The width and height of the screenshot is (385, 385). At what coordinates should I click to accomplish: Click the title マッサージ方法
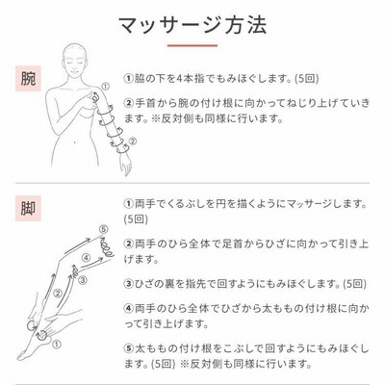pos(192,26)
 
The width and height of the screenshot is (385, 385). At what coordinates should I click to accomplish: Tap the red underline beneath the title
pos(192,45)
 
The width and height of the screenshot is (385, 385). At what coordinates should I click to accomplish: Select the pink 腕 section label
pos(28,79)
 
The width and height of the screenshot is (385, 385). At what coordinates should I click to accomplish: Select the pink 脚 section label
pos(28,208)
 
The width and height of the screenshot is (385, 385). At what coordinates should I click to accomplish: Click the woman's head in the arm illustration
pos(75,61)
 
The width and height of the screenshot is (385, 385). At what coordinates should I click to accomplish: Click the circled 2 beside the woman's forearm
pos(133,141)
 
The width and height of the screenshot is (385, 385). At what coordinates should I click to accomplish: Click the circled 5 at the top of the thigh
pos(103,229)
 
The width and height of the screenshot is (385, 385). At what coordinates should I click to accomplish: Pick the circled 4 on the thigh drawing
pos(86,258)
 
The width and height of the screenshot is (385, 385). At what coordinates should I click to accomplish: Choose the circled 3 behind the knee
pos(83,280)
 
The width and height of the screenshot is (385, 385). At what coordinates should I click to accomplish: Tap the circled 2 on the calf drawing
pos(58,293)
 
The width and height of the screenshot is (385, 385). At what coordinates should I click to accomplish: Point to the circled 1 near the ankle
pos(56,345)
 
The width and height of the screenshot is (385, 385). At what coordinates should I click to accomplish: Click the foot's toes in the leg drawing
pos(23,355)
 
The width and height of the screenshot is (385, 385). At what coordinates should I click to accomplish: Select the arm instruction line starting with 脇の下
pos(221,79)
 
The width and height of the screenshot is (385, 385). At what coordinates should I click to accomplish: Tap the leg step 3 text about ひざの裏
pos(245,284)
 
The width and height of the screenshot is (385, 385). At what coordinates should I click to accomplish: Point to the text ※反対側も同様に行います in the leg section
pos(246,364)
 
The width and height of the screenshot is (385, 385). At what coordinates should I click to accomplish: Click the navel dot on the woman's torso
pos(74,141)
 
